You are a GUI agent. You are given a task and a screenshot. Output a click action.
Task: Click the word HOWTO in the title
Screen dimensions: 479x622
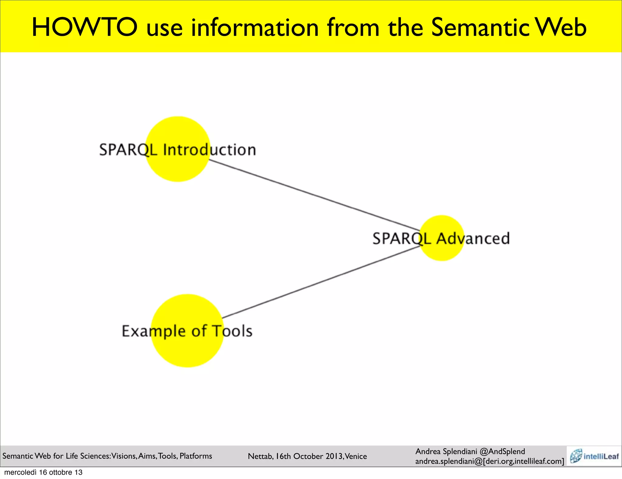pos(84,27)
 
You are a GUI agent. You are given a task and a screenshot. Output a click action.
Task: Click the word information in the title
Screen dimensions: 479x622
pos(255,27)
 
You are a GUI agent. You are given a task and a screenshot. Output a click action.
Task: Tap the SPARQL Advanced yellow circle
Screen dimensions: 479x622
pos(442,252)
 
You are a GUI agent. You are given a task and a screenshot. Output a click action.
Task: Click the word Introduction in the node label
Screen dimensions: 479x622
pos(210,150)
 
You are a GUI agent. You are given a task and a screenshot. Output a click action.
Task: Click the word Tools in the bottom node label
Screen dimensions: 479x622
pos(232,331)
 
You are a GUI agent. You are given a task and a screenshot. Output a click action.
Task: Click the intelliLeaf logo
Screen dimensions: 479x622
pos(594,456)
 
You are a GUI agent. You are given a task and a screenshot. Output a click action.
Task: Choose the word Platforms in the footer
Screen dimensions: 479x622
pos(196,456)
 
